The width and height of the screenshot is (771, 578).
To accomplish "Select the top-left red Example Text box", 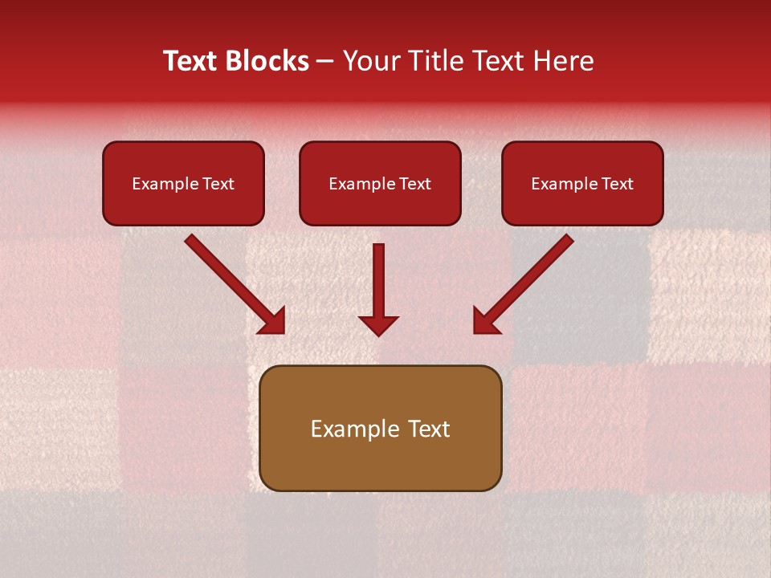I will [183, 184].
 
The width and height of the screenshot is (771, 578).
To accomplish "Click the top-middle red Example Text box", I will [380, 184].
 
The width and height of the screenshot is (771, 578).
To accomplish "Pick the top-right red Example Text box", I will [582, 184].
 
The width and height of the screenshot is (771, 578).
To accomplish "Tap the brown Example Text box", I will [380, 429].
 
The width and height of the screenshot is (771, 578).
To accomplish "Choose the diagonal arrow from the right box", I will [526, 282].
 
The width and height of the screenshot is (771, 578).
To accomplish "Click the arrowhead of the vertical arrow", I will [378, 325].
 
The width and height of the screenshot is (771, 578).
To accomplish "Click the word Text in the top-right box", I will [617, 184].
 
